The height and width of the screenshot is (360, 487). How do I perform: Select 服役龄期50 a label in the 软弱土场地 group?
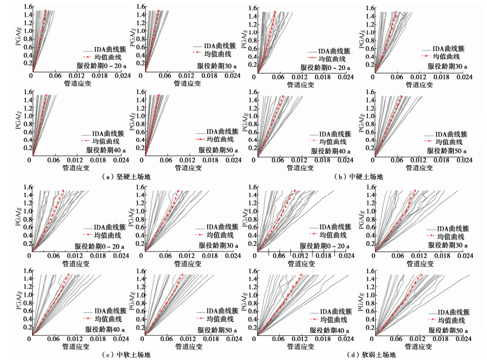(x=448, y=330)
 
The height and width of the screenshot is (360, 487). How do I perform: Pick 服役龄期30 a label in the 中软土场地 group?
(x=221, y=245)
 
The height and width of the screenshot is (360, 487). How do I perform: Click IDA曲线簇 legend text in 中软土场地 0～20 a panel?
(x=104, y=226)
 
